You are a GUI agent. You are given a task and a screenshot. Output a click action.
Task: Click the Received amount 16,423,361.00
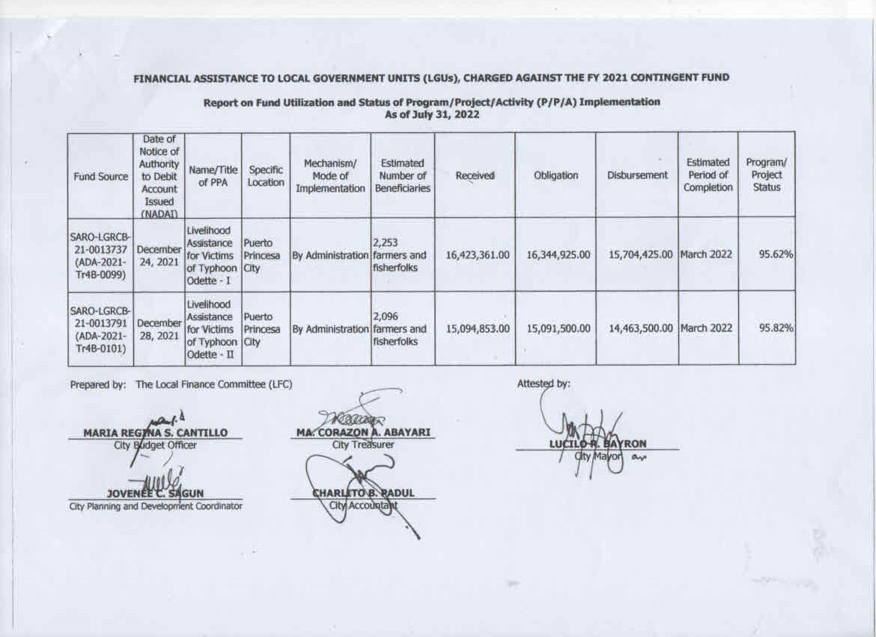[478, 256]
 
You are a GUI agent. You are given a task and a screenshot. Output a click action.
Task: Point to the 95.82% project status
[776, 328]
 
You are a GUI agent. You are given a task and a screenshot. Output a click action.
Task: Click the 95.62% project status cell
[776, 256]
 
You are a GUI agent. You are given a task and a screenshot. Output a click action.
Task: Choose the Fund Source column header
[100, 175]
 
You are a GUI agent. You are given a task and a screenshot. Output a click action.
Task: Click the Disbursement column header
[637, 175]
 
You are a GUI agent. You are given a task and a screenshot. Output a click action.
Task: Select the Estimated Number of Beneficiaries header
[403, 175]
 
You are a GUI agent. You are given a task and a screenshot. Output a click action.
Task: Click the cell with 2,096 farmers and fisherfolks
[402, 328]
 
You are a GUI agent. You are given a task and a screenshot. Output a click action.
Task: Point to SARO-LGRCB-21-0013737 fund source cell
[100, 256]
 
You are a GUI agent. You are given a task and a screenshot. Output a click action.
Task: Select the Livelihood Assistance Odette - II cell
[212, 328]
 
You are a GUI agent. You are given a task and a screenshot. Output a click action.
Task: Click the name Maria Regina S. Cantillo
[155, 432]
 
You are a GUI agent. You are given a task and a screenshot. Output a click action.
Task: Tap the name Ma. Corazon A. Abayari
[365, 432]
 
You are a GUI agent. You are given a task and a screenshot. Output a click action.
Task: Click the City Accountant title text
[363, 505]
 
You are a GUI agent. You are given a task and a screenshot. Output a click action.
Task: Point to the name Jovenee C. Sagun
[155, 493]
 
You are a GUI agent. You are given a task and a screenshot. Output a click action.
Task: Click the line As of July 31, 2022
[431, 115]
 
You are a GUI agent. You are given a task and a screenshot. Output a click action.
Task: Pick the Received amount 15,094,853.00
[478, 328]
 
